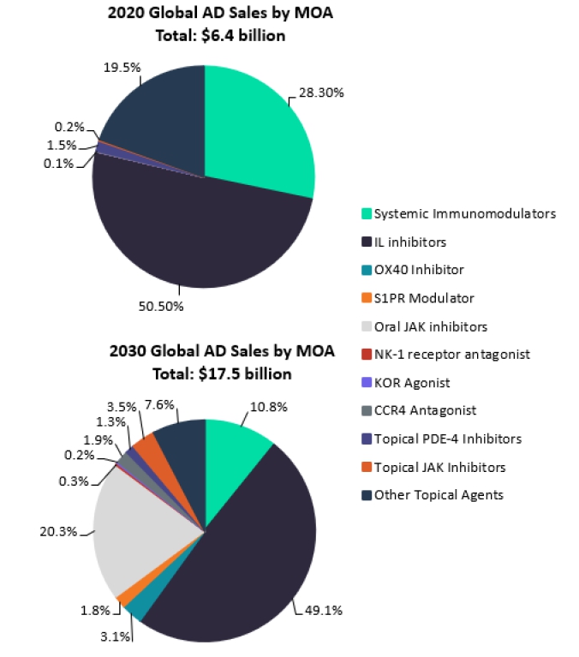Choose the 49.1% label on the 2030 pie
[x=325, y=610]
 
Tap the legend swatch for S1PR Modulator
[x=367, y=298]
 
